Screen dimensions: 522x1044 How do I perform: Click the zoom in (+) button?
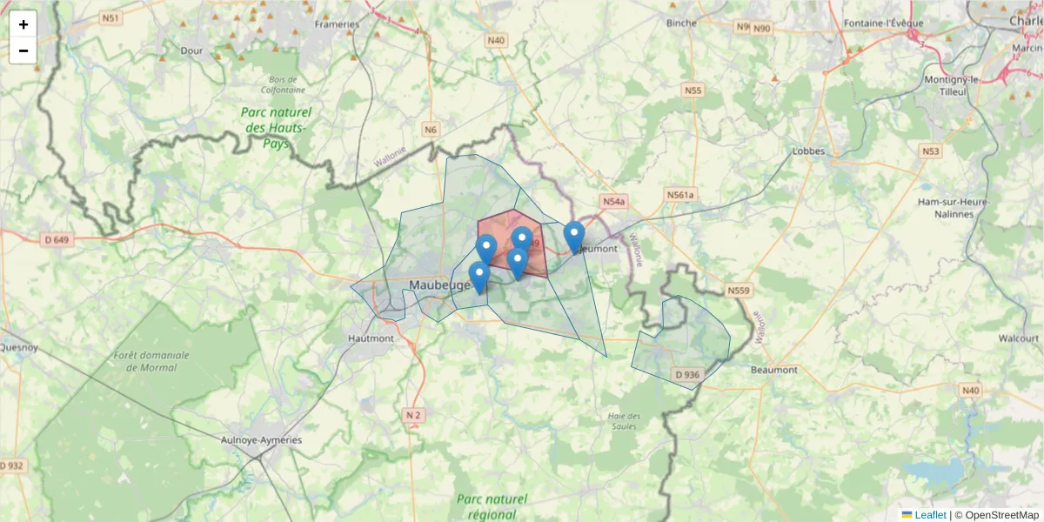[23, 24]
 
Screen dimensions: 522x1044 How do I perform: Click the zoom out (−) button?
[23, 50]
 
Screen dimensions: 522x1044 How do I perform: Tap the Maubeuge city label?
[439, 284]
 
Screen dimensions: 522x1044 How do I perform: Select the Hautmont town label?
[370, 338]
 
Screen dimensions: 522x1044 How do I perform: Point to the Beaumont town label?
[773, 370]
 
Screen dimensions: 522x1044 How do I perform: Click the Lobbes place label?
[808, 151]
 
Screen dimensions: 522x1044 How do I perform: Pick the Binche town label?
[681, 23]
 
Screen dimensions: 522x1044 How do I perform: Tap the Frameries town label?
[337, 24]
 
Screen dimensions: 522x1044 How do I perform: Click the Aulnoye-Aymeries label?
[261, 440]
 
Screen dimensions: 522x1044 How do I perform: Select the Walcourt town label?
[1019, 338]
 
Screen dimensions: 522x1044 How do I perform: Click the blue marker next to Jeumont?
[574, 236]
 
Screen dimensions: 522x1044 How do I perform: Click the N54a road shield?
[613, 202]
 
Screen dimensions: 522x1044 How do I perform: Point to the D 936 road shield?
[686, 375]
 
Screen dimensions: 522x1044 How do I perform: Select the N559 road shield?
[739, 290]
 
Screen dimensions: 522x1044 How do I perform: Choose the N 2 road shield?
[413, 416]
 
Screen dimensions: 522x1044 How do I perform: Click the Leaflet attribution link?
[929, 515]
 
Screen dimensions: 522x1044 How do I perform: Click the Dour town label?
[191, 50]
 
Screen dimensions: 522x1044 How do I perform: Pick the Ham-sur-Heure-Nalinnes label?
[954, 207]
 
